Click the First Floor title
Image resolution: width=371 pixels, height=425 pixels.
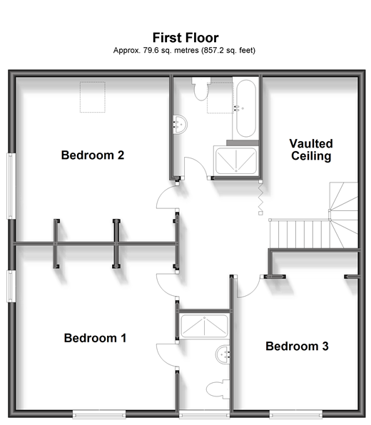(185, 38)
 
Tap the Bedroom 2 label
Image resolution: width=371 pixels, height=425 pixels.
(93, 155)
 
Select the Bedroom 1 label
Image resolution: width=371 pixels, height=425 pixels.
(95, 338)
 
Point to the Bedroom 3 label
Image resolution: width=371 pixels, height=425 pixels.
(297, 346)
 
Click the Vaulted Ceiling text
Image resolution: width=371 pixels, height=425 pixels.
(311, 150)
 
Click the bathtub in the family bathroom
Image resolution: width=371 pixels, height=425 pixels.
(245, 108)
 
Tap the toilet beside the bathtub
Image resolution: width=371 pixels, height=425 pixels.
(201, 89)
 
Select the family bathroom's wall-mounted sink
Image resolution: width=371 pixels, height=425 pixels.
(181, 124)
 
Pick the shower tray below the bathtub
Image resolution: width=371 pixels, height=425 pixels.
(236, 160)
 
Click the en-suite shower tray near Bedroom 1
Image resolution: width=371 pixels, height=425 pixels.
(204, 326)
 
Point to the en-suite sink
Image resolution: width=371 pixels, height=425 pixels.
(223, 354)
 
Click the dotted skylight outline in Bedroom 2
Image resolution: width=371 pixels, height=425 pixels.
(93, 97)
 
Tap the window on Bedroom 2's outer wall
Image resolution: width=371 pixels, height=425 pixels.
(11, 186)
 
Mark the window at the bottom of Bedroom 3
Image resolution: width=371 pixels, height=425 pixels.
(296, 414)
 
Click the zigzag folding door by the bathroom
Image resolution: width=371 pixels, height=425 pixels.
(260, 197)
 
